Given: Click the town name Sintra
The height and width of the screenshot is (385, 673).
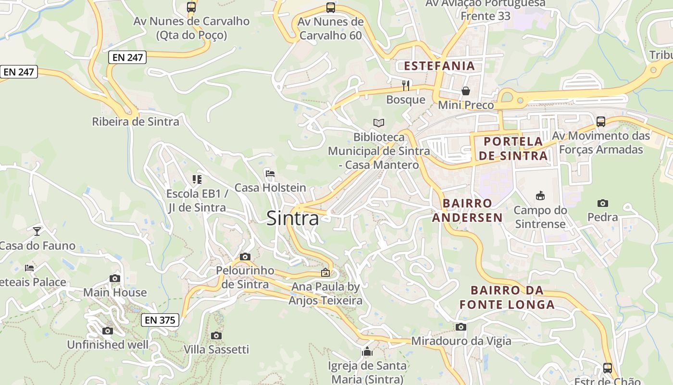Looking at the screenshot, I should (x=292, y=218).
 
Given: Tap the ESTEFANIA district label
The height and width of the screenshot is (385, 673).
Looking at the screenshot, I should (x=439, y=66).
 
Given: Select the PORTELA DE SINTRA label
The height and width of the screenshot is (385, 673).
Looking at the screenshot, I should (x=513, y=148).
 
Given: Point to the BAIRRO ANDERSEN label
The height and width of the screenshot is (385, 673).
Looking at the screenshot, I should (x=467, y=210).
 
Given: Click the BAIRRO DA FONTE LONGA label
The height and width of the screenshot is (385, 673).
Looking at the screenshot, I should (x=507, y=297).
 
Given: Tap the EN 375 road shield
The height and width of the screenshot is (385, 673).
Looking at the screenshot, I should (x=160, y=320).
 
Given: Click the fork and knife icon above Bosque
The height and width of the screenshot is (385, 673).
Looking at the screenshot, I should (x=406, y=86).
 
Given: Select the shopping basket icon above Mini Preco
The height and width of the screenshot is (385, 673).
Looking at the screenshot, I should (x=465, y=91).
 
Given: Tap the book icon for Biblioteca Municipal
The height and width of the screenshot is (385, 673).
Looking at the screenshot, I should (x=379, y=123).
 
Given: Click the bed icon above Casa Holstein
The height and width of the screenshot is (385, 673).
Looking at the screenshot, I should (x=270, y=174).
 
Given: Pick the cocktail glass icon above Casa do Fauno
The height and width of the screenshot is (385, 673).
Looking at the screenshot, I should (x=37, y=231).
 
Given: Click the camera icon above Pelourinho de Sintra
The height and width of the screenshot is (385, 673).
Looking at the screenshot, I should (x=245, y=257).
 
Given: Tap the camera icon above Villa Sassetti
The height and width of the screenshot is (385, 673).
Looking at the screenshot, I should (x=216, y=335).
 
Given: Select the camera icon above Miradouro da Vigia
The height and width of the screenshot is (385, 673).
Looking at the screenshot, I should (x=461, y=327).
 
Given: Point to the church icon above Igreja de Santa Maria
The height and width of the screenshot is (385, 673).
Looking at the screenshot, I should (x=367, y=351).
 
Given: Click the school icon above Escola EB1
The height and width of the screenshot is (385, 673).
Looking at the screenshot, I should (x=197, y=180).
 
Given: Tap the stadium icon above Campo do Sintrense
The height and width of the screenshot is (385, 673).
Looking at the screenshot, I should (x=540, y=195).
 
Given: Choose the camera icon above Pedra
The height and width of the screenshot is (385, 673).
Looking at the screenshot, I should (x=603, y=203).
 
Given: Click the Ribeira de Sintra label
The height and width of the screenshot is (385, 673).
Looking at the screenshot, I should (x=136, y=121).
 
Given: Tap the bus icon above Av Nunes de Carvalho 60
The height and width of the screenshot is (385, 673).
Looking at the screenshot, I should (x=330, y=7).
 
